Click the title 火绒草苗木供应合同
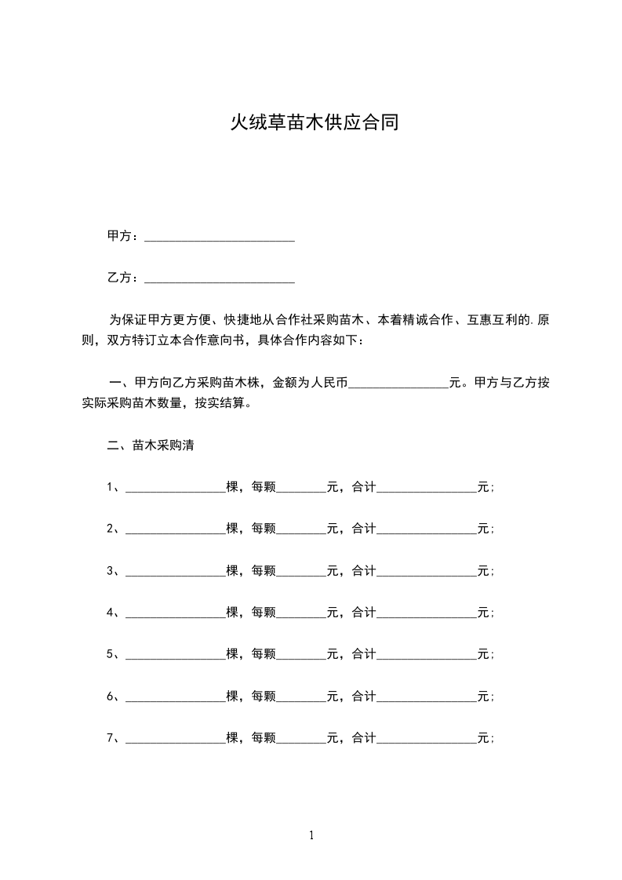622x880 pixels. pos(314,123)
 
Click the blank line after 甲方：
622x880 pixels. pos(220,237)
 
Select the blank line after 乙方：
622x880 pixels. pos(220,278)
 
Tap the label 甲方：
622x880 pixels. pos(123,236)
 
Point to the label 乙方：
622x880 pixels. pos(123,278)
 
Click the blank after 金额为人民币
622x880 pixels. pos(398,384)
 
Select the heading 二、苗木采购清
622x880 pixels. pos(150,445)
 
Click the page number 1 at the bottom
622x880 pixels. pos(311,835)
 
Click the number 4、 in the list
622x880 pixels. pos(113,612)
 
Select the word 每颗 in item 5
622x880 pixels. pos(264,653)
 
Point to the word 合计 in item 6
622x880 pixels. pos(364,696)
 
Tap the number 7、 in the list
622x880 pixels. pos(113,738)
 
